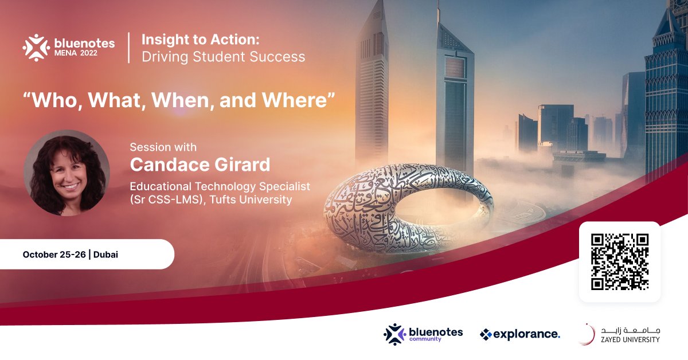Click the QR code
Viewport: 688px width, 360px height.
click(x=620, y=262)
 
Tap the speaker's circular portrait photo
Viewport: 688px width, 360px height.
click(x=67, y=173)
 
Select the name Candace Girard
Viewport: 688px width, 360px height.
click(x=200, y=165)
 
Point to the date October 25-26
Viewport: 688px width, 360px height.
click(x=54, y=255)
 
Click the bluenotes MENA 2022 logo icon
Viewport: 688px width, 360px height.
click(x=36, y=48)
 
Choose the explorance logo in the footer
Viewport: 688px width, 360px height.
click(x=519, y=334)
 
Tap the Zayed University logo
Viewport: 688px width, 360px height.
click(x=619, y=334)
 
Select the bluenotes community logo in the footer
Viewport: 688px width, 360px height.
click(x=423, y=334)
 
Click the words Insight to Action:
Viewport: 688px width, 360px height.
click(x=201, y=40)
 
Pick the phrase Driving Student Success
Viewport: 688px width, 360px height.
click(x=223, y=57)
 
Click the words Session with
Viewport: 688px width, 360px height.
click(x=163, y=147)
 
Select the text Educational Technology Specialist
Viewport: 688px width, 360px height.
click(x=220, y=186)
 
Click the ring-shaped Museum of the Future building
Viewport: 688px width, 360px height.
click(x=355, y=218)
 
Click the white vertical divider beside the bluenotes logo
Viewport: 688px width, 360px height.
click(x=128, y=48)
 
